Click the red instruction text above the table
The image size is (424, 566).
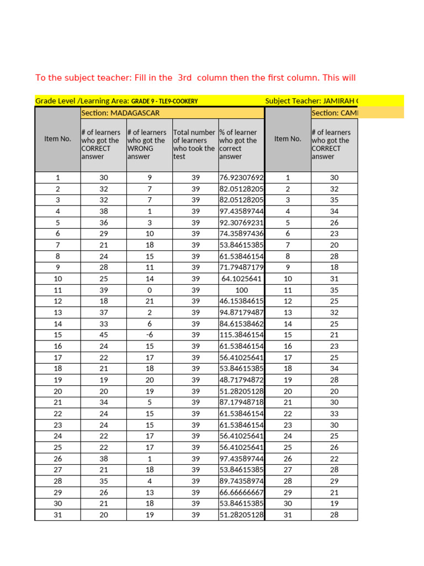tap(195, 78)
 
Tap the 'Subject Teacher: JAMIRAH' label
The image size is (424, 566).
tap(311, 101)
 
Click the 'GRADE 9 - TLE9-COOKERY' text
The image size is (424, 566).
tap(165, 101)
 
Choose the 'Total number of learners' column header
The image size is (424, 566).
tap(194, 144)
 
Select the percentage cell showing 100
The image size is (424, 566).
tap(242, 290)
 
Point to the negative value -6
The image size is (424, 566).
tap(149, 335)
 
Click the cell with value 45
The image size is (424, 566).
tap(104, 335)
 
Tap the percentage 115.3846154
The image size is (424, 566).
tap(242, 335)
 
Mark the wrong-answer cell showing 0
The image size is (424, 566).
tap(149, 290)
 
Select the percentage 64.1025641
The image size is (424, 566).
tap(242, 279)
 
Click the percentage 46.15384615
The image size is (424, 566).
tap(242, 301)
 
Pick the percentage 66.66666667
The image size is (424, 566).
tap(242, 492)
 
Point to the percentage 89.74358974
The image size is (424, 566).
tap(242, 481)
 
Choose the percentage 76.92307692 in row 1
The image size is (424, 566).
tap(242, 177)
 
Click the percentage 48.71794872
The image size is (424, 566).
tap(242, 380)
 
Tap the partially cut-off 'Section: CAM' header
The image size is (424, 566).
tap(334, 113)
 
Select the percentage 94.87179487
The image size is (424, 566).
tap(242, 312)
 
